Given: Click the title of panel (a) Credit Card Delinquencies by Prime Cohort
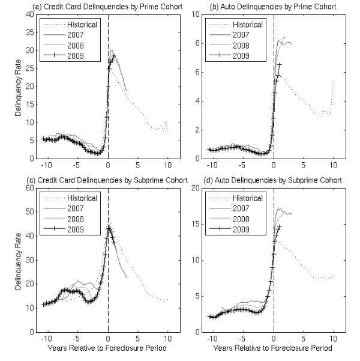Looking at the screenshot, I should [97, 7].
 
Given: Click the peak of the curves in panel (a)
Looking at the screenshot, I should [112, 52].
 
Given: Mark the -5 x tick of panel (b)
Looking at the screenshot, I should [243, 165].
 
